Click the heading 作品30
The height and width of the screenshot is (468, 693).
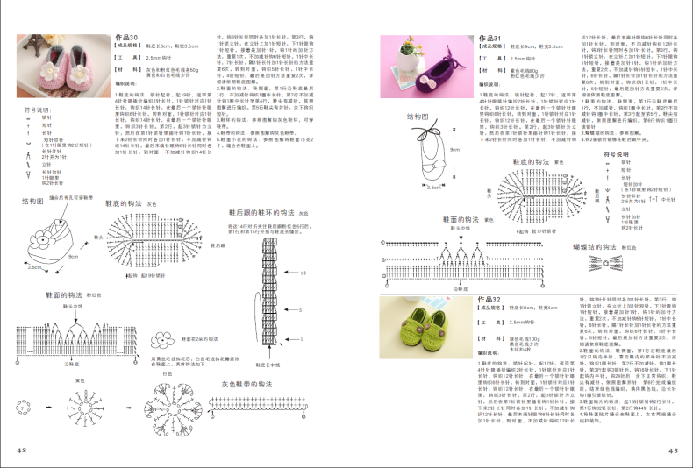(127, 39)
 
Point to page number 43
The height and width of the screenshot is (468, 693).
(674, 450)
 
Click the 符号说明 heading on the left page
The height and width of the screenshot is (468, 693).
(36, 109)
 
